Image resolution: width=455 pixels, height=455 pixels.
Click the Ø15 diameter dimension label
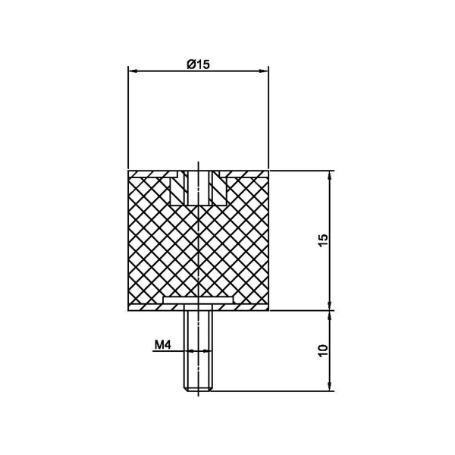[x=198, y=64]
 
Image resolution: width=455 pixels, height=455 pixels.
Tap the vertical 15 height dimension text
[x=323, y=240]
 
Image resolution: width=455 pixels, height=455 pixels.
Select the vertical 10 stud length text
[x=323, y=350]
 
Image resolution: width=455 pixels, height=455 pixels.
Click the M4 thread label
[x=163, y=345]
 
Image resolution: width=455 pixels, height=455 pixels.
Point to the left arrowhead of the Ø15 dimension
[x=132, y=71]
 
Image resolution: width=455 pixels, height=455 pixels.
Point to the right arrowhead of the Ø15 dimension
[x=264, y=71]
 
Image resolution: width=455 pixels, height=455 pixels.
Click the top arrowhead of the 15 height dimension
[x=329, y=175]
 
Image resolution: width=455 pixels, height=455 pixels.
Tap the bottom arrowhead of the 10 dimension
[x=329, y=386]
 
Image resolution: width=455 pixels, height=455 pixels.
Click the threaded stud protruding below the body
[x=198, y=350]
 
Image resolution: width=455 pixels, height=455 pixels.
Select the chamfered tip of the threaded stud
[x=198, y=389]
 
